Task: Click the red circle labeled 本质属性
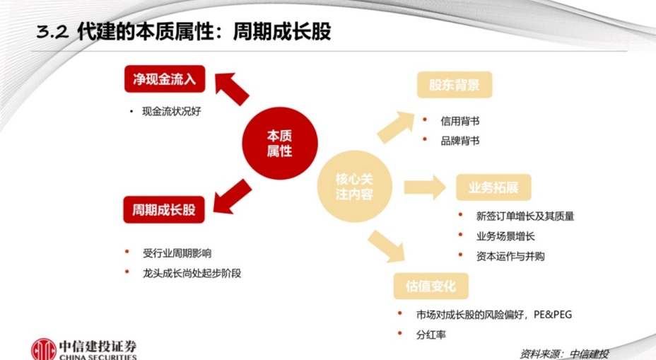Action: point(280,143)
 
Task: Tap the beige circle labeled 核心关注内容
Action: point(354,187)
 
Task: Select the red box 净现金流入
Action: point(165,79)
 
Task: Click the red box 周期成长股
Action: point(164,209)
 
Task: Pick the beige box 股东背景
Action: point(455,85)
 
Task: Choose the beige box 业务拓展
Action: point(493,187)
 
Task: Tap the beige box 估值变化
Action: point(431,286)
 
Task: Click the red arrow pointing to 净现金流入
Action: point(230,88)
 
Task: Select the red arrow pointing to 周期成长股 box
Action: point(232,197)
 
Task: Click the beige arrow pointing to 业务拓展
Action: point(425,187)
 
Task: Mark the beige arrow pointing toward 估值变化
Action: point(387,247)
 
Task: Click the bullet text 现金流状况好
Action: point(172,111)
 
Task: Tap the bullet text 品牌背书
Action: point(459,141)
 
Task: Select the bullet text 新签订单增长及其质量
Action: point(525,216)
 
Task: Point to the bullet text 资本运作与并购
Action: point(510,256)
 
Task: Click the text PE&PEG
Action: point(553,314)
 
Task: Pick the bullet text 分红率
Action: point(431,335)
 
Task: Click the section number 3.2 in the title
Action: point(52,33)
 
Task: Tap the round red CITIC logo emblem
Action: point(44,349)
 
